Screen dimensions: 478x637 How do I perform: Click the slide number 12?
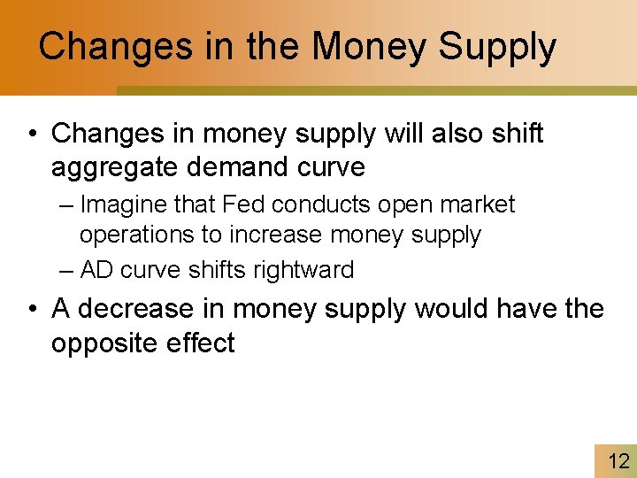pyautogui.click(x=618, y=461)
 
